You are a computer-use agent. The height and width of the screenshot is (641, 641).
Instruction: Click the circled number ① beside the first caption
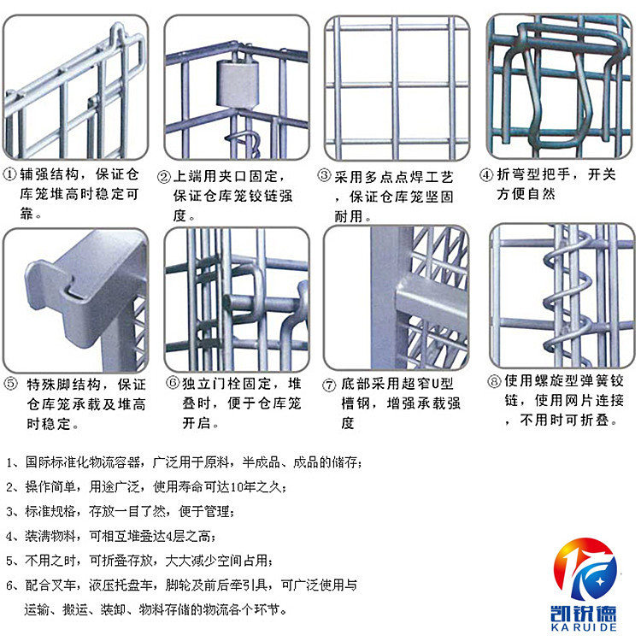coord(11,176)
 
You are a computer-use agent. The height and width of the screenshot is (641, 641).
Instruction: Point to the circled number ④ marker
coord(485,175)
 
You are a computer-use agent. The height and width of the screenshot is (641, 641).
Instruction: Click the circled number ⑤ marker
coord(11,384)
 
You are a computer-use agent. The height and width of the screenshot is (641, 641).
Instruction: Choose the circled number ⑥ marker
coord(172,384)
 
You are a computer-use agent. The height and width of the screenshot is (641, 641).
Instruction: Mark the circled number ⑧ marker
coord(494,381)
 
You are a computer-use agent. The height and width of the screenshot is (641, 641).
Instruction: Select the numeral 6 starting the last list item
coord(9,585)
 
